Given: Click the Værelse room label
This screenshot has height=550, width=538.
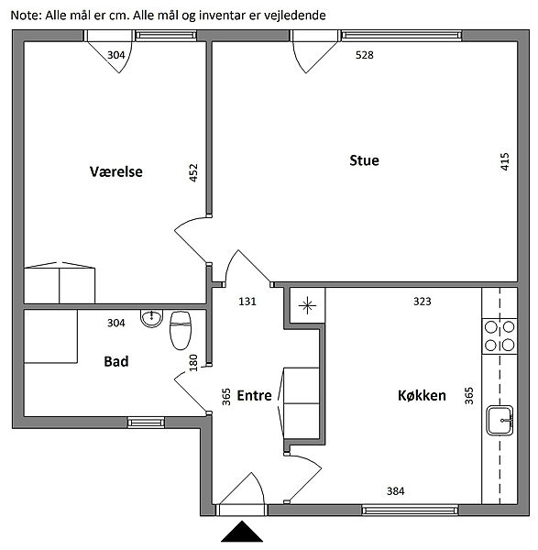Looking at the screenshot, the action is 116,172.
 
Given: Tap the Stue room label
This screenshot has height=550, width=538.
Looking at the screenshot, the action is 364,160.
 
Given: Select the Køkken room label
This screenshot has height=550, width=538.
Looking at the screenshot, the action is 422,395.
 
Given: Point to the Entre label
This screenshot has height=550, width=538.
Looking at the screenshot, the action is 254,395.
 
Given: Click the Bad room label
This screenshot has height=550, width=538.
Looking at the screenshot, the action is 116,361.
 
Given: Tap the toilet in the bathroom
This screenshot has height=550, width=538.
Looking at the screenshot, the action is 181,330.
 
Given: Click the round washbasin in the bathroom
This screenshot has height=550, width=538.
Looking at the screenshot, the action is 151,318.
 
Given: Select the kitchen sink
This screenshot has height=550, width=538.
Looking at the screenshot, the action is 500,420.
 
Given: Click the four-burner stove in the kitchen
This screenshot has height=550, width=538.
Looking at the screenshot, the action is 500,336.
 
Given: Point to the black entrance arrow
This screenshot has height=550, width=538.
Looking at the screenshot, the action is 242,532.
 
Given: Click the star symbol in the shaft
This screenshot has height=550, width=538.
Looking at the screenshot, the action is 307,305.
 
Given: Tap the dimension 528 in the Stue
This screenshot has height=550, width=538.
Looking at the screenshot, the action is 365,55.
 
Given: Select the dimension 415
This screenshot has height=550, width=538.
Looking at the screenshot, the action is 504,161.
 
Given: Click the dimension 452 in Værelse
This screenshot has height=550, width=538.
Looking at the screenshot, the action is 193,172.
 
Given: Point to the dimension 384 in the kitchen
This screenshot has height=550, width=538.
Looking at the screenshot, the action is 396,491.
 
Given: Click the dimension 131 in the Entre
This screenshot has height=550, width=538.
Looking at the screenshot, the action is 247,302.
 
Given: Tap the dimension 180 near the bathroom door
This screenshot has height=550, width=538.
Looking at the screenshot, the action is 193,363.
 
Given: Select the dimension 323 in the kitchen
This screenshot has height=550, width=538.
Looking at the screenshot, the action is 423,302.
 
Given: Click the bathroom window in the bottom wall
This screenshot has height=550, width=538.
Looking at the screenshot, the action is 146,423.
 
